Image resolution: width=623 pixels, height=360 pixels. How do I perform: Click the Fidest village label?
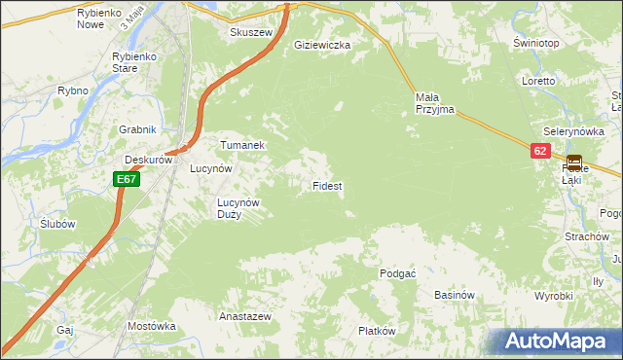click(326, 185)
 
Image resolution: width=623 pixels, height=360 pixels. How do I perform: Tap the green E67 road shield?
click(126, 179)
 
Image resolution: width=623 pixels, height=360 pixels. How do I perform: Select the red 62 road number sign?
click(541, 151)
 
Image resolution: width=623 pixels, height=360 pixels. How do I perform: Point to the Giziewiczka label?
click(322, 45)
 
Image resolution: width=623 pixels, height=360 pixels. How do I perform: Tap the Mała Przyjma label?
click(434, 103)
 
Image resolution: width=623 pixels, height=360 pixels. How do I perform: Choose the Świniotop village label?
click(535, 45)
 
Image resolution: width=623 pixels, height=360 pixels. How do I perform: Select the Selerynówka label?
click(572, 131)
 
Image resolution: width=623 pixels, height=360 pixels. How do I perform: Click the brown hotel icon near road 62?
click(574, 162)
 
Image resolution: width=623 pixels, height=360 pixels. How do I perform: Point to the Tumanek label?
click(242, 144)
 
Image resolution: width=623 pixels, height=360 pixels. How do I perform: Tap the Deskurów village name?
click(148, 161)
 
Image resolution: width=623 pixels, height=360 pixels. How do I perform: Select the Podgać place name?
click(397, 273)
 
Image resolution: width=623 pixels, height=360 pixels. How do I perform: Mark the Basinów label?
click(454, 295)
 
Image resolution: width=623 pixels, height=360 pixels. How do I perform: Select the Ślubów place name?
click(58, 223)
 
